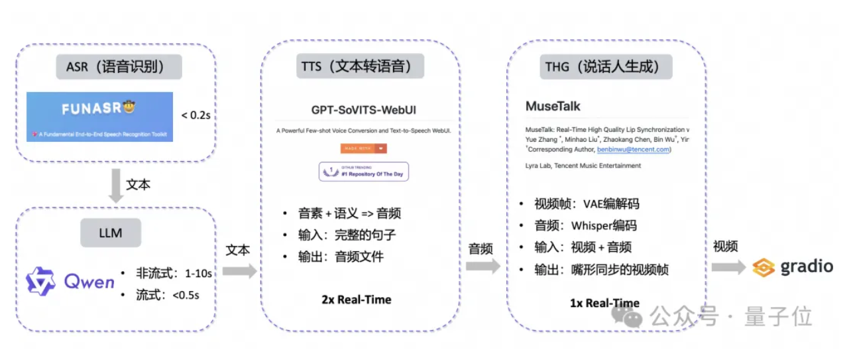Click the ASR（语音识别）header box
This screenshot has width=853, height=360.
[119, 67]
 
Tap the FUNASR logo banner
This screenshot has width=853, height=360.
[99, 116]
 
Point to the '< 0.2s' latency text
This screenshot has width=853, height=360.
[197, 115]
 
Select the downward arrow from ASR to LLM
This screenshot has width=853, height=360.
[117, 186]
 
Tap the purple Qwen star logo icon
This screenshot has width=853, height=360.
[40, 281]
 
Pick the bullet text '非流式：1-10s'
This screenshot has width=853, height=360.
[174, 272]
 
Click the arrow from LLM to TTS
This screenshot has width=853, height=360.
[239, 270]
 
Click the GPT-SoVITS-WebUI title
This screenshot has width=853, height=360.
[364, 109]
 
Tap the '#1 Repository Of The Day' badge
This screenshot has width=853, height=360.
[364, 172]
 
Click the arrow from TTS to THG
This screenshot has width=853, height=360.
[483, 267]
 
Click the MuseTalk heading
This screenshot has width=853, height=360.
[553, 106]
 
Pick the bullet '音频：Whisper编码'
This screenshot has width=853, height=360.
[586, 225]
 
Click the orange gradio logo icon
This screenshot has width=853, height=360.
[764, 267]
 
